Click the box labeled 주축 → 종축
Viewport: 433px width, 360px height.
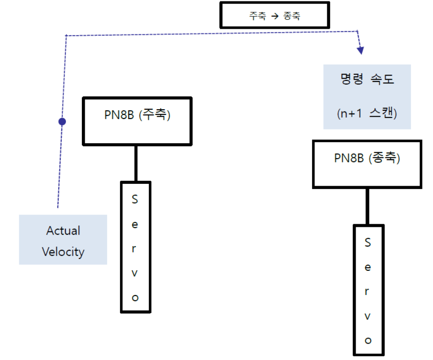pyautogui.click(x=274, y=16)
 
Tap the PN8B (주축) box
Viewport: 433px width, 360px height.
pyautogui.click(x=137, y=121)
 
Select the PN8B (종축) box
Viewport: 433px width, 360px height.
pyautogui.click(x=367, y=164)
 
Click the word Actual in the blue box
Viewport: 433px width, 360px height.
pyautogui.click(x=63, y=231)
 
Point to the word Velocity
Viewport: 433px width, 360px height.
pyautogui.click(x=63, y=251)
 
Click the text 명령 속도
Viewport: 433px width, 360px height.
pyautogui.click(x=367, y=80)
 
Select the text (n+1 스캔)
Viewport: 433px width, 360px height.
pyautogui.click(x=367, y=113)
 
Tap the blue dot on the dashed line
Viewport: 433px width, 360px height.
pyautogui.click(x=62, y=122)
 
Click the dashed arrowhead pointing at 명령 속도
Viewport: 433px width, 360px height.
pyautogui.click(x=361, y=50)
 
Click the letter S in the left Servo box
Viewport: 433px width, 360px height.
pyautogui.click(x=135, y=199)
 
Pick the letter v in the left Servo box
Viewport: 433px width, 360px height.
pyautogui.click(x=135, y=273)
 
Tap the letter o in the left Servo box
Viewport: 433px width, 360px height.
pyautogui.click(x=135, y=297)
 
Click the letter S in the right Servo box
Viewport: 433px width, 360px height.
pyautogui.click(x=368, y=243)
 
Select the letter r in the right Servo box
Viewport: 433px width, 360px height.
pyautogui.click(x=368, y=292)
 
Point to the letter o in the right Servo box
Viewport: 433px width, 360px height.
pyautogui.click(x=368, y=340)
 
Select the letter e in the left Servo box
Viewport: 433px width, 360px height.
pyautogui.click(x=135, y=224)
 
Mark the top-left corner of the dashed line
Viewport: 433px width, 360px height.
pyautogui.click(x=66, y=35)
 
